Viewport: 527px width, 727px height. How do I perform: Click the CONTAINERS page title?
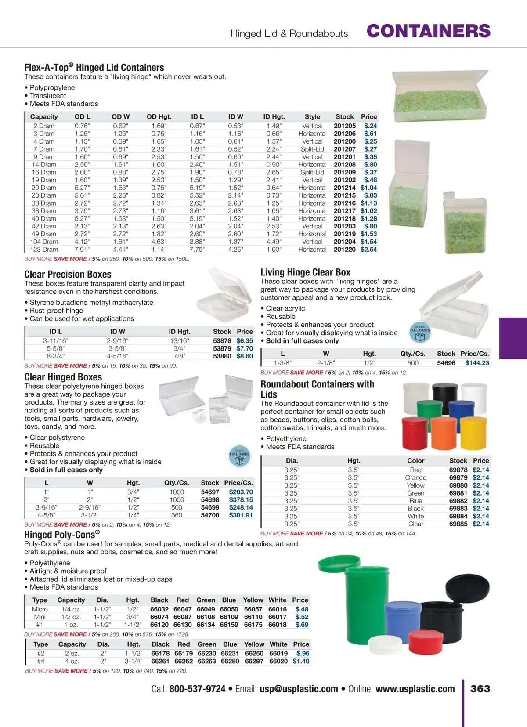pyautogui.click(x=428, y=31)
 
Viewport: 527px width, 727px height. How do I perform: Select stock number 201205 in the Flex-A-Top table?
pyautogui.click(x=345, y=126)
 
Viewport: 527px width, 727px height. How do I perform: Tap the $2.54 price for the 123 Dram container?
pyautogui.click(x=368, y=250)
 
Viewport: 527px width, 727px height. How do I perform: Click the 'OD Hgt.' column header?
pyautogui.click(x=159, y=117)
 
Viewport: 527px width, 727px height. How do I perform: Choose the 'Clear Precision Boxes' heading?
pyautogui.click(x=68, y=275)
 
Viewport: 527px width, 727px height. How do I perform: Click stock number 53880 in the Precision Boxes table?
pyautogui.click(x=222, y=356)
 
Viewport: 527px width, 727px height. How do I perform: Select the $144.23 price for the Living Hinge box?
pyautogui.click(x=477, y=363)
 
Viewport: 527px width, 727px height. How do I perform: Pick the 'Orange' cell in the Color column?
pyautogui.click(x=415, y=478)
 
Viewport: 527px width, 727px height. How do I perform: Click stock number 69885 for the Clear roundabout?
pyautogui.click(x=458, y=524)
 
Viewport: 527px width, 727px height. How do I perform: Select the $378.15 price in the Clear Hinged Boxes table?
pyautogui.click(x=241, y=500)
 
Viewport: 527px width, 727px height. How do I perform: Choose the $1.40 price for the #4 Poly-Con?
pyautogui.click(x=301, y=661)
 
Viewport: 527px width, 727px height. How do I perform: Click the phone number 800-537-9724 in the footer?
pyautogui.click(x=197, y=689)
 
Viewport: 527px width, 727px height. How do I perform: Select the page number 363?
pyautogui.click(x=480, y=689)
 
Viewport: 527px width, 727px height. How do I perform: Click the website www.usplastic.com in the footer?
pyautogui.click(x=415, y=689)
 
